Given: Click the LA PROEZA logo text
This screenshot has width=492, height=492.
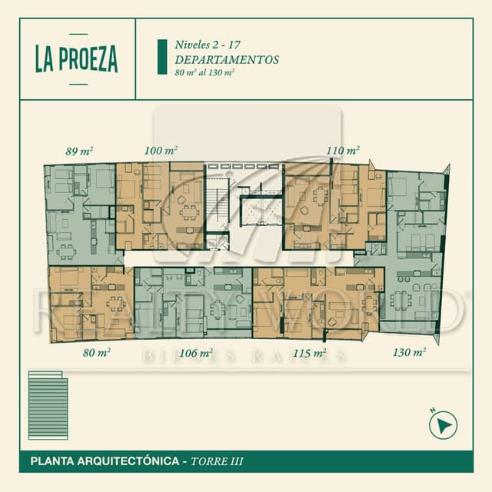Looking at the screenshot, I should [76, 58].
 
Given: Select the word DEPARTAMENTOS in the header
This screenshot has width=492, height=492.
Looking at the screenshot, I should [226, 59].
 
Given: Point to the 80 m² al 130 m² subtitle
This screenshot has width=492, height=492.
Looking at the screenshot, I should [204, 72].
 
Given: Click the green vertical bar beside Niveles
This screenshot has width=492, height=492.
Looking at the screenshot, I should [161, 57].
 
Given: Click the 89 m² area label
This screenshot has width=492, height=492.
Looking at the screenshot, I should [80, 151].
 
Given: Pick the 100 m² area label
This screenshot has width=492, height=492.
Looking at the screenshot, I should [161, 151].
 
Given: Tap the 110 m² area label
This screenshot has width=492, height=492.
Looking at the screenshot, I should [343, 151].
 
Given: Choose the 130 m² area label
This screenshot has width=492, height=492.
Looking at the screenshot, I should [409, 353].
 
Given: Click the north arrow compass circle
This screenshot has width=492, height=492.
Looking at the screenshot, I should [443, 424].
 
